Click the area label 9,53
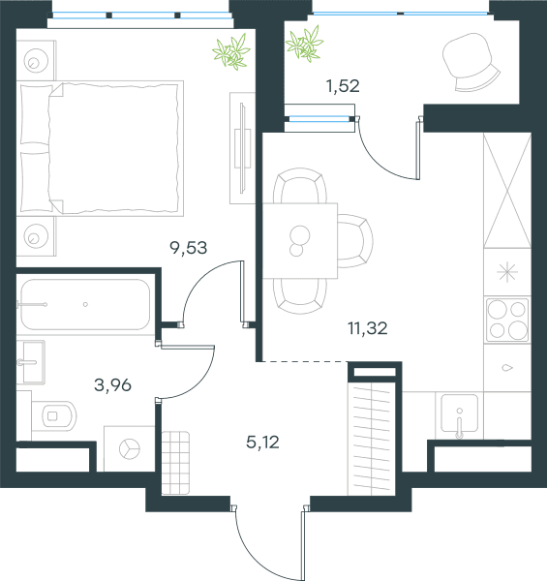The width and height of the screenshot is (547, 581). tap(188, 248)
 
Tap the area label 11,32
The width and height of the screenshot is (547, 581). tap(367, 328)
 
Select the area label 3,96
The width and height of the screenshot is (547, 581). tap(112, 385)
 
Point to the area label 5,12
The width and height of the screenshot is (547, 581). tap(262, 443)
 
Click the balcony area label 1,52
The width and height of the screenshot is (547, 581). tap(343, 86)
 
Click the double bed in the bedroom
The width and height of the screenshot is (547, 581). tap(100, 148)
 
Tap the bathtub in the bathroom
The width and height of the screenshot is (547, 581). tap(85, 305)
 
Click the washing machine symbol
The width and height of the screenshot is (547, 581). tap(130, 448)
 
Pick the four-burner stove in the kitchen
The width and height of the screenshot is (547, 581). tap(507, 320)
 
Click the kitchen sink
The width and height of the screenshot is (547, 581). tap(459, 413)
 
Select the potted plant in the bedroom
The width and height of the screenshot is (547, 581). tap(231, 52)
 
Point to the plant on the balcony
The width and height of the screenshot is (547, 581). tap(305, 44)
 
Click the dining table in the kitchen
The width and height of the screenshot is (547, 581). tap(300, 240)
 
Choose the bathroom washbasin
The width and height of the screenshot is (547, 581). tap(31, 362)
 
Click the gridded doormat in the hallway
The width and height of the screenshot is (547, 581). tap(175, 463)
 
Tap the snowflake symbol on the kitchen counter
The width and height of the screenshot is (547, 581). tap(507, 272)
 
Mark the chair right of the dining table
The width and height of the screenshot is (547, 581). tap(354, 241)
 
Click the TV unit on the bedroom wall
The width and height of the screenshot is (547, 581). tap(243, 148)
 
